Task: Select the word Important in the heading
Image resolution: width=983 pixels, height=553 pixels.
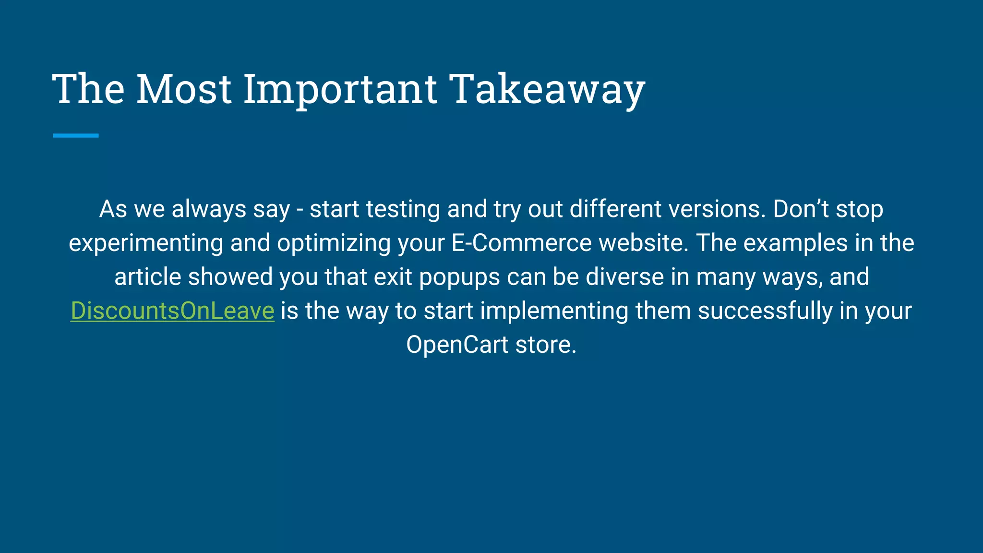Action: pyautogui.click(x=340, y=89)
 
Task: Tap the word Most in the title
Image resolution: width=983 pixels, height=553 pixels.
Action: pyautogui.click(x=184, y=89)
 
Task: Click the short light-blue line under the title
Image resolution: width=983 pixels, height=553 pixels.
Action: pyautogui.click(x=75, y=136)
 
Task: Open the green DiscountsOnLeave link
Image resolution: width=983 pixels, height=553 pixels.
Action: pyautogui.click(x=172, y=311)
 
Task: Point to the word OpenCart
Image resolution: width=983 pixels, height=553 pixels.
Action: pyautogui.click(x=457, y=345)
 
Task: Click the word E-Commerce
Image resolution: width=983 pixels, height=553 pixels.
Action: pyautogui.click(x=521, y=243)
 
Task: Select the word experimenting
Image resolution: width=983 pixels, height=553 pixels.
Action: pyautogui.click(x=146, y=243)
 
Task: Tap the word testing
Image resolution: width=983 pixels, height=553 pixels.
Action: pyautogui.click(x=403, y=209)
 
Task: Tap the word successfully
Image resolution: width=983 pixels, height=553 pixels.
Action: pyautogui.click(x=765, y=311)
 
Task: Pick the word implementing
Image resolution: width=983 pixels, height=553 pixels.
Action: pyautogui.click(x=554, y=311)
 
